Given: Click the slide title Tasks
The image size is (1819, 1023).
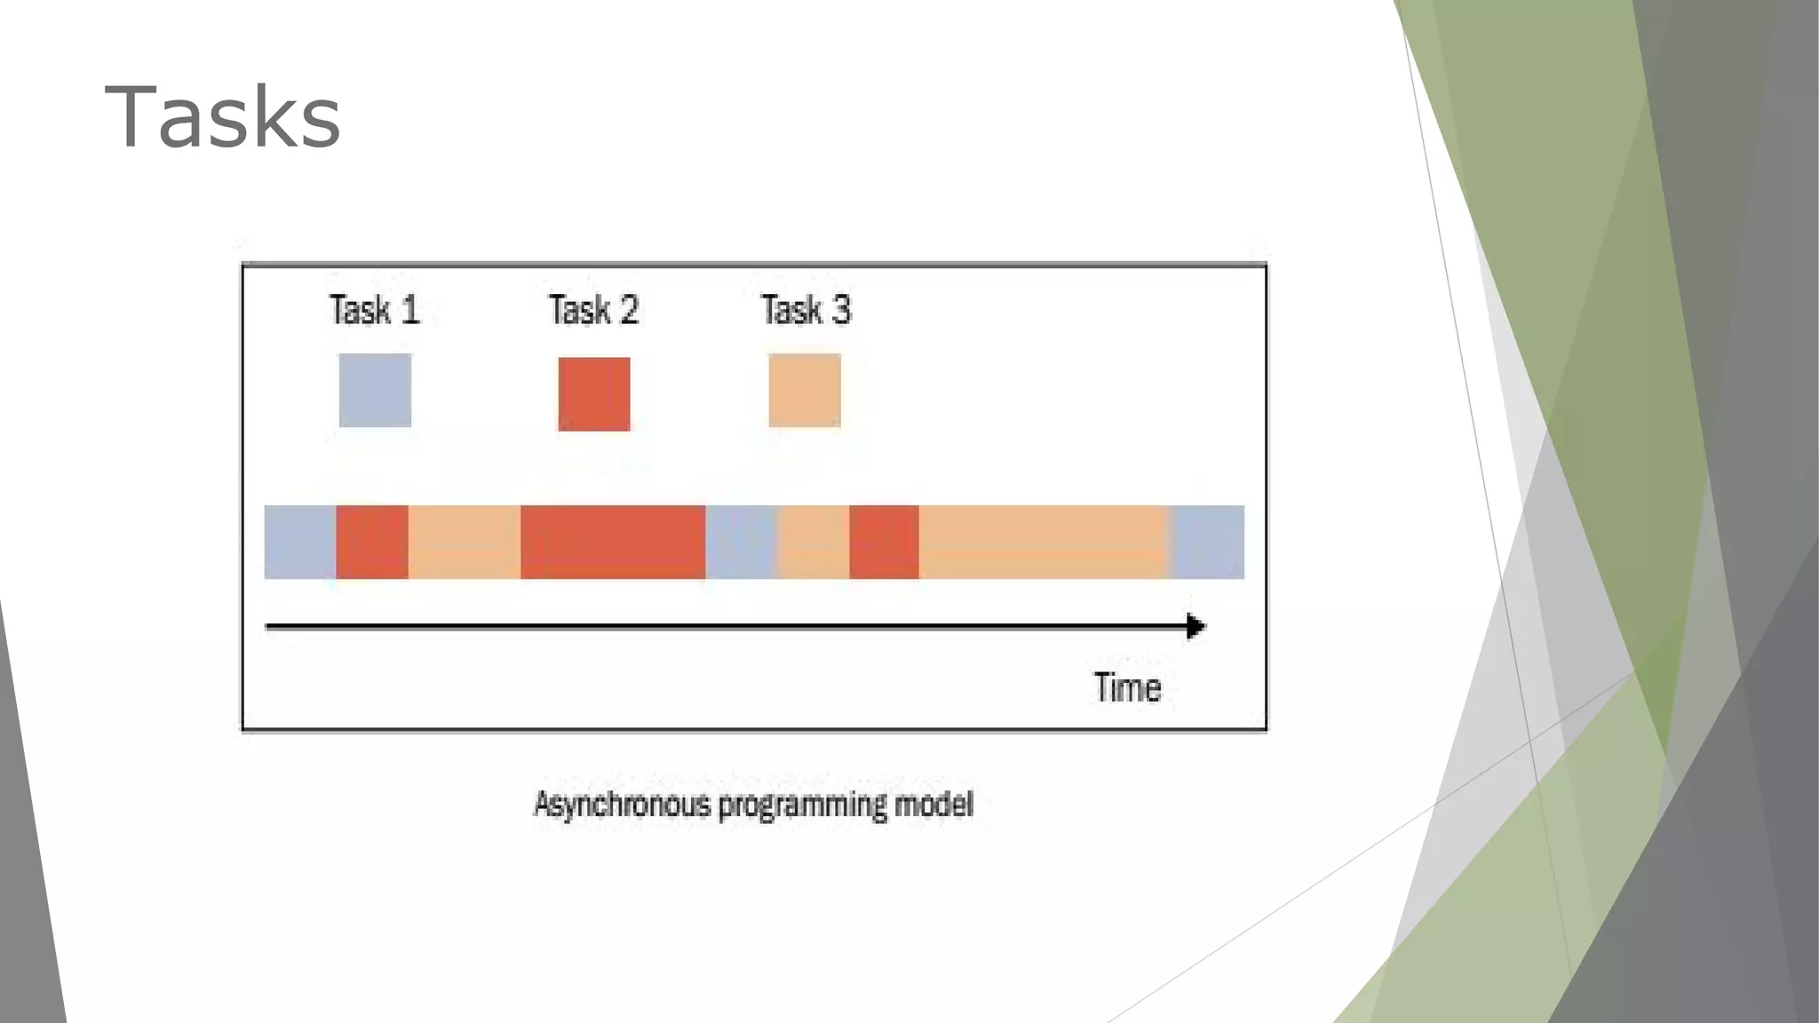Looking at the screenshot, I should [222, 117].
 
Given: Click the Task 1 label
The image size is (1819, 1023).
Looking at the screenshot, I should [374, 310].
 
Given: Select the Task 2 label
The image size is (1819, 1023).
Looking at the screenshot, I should [593, 310].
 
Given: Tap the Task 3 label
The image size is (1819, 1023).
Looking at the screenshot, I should [806, 310].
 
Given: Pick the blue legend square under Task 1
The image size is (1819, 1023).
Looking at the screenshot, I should [375, 391].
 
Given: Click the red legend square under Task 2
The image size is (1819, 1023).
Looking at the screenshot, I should [594, 394].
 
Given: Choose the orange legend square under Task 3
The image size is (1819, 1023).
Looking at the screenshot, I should [805, 391].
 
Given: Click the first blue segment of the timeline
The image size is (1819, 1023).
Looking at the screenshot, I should [300, 542].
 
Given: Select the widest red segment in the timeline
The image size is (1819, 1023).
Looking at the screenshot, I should [613, 542].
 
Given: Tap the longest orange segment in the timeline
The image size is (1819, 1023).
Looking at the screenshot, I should [1045, 542].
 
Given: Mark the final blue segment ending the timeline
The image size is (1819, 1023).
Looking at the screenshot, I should [1208, 542].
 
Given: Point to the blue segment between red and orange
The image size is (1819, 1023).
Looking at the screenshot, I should [742, 542].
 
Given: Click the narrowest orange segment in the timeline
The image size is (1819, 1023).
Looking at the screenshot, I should [814, 542].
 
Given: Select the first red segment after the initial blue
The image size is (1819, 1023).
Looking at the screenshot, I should [372, 542].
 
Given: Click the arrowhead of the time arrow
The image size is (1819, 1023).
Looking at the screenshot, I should [1195, 627].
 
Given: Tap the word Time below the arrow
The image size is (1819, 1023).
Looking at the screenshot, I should [1127, 688].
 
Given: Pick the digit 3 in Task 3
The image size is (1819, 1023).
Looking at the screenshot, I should [840, 310].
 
